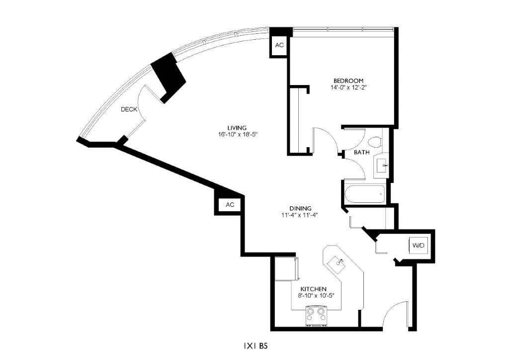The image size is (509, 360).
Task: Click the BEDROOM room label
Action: (348, 81)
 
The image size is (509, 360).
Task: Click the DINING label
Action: (300, 208)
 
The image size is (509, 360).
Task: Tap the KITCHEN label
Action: (313, 289)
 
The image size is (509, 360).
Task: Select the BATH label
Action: (361, 152)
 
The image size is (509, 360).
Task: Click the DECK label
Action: (129, 109)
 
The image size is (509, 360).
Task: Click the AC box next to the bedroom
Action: (279, 45)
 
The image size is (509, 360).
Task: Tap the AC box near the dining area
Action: (229, 204)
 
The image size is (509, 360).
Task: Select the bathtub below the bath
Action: (364, 194)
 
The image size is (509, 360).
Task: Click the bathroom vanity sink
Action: (382, 166)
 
